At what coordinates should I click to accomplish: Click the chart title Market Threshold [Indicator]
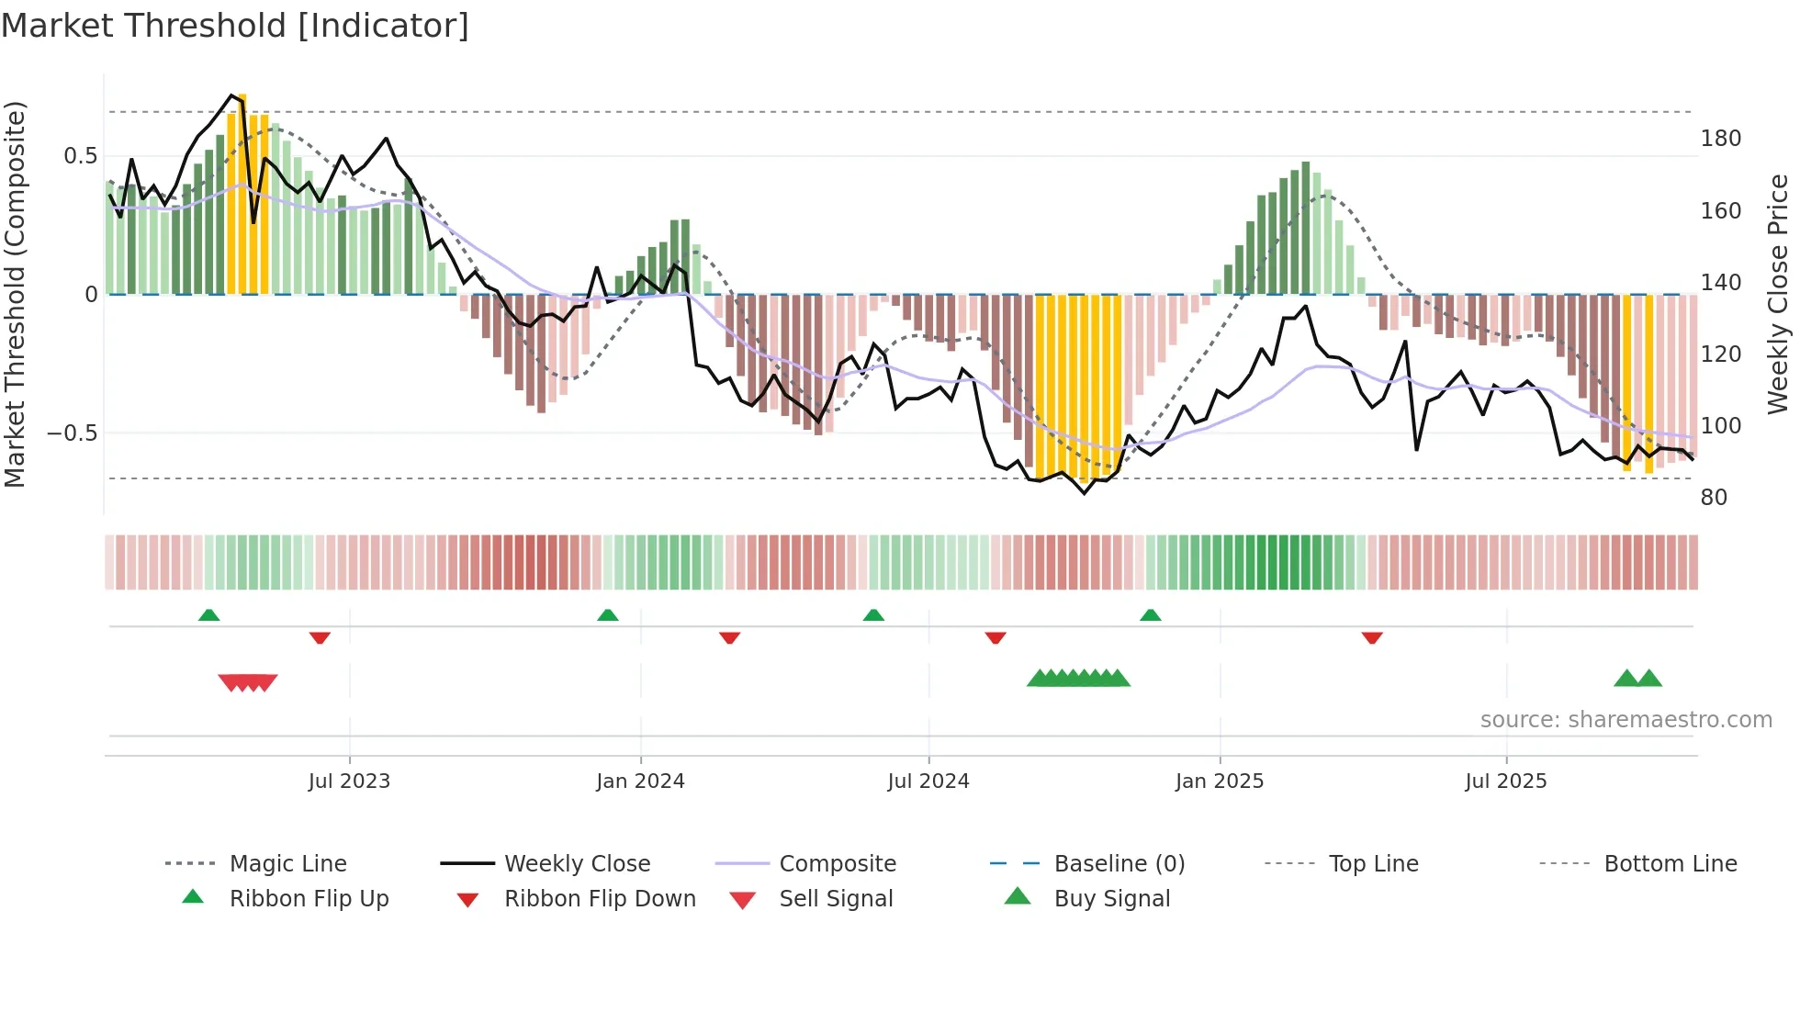coord(235,26)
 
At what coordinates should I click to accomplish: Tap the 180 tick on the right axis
coord(1720,139)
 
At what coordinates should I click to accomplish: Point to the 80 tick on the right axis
coord(1714,498)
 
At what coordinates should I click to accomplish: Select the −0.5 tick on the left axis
coord(73,433)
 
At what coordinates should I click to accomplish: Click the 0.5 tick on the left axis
coord(81,156)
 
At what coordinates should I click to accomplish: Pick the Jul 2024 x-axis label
coord(928,781)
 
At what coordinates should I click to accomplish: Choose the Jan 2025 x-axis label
coord(1219,781)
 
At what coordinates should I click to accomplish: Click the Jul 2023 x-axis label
coord(349,781)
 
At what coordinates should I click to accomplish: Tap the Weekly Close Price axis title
coord(1778,294)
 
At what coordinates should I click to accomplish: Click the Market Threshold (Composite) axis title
coord(15,294)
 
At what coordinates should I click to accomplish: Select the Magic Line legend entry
coord(287,864)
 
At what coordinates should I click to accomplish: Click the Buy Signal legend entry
coord(1111,899)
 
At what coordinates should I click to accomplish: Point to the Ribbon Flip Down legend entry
coord(599,899)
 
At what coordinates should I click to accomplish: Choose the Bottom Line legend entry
coord(1670,864)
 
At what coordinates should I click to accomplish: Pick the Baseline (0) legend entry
coord(1119,864)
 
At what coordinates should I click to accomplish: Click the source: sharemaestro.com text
coord(1626,720)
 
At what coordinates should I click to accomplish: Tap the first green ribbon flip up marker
coord(208,615)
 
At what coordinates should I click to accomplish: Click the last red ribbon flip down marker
coord(1372,637)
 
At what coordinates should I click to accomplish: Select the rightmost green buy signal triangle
coord(1649,679)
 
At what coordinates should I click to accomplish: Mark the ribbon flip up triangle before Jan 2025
coord(1150,615)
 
